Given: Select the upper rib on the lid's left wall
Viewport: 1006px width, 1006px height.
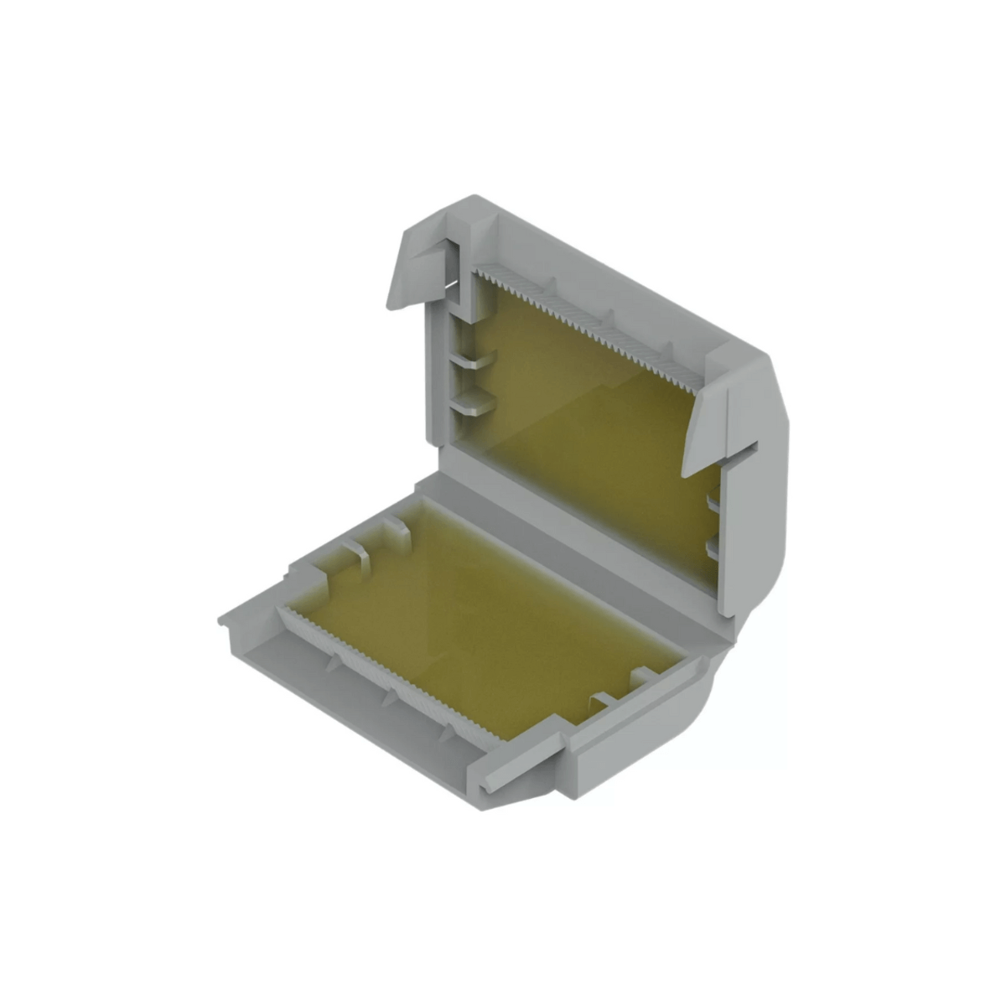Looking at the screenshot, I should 474,361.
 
